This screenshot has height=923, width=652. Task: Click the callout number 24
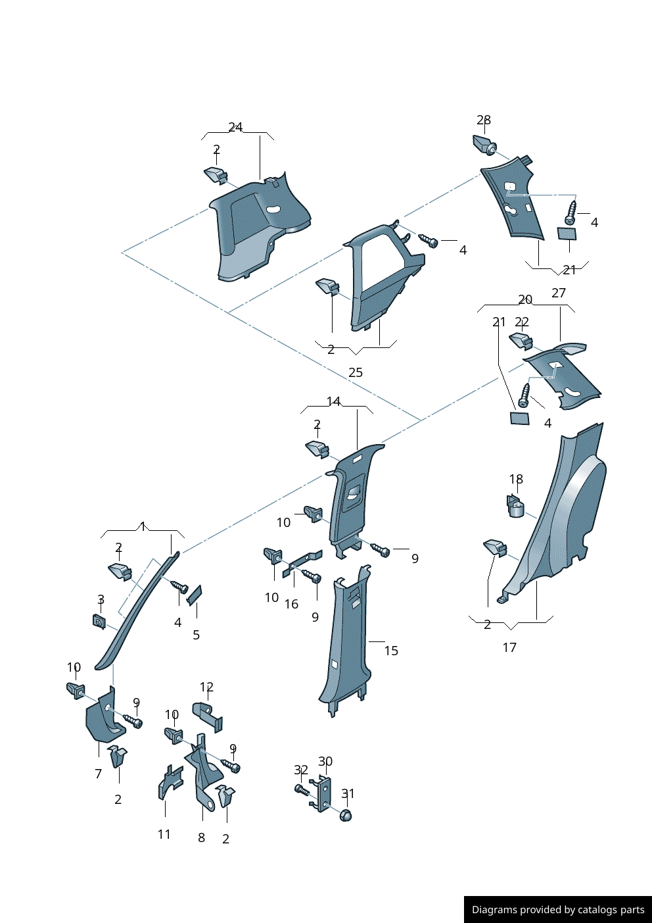pyautogui.click(x=235, y=128)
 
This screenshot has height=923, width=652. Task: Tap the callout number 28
pyautogui.click(x=484, y=120)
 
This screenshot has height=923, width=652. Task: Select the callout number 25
pyautogui.click(x=356, y=372)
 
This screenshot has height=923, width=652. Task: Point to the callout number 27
pyautogui.click(x=559, y=293)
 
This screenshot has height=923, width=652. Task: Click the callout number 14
pyautogui.click(x=334, y=401)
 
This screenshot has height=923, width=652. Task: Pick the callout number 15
pyautogui.click(x=391, y=651)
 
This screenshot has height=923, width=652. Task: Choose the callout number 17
pyautogui.click(x=509, y=647)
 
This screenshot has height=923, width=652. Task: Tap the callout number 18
pyautogui.click(x=517, y=480)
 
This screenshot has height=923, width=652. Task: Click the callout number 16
pyautogui.click(x=291, y=604)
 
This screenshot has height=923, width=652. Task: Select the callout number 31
pyautogui.click(x=348, y=794)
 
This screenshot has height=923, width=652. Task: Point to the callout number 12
pyautogui.click(x=206, y=687)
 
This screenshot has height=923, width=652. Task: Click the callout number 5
pyautogui.click(x=196, y=635)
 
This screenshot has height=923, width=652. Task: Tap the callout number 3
pyautogui.click(x=101, y=599)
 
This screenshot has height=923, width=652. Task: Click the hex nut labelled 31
pyautogui.click(x=346, y=815)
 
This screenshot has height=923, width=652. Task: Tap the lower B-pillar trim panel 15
pyautogui.click(x=348, y=645)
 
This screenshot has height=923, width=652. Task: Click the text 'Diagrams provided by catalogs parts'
pyautogui.click(x=558, y=910)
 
